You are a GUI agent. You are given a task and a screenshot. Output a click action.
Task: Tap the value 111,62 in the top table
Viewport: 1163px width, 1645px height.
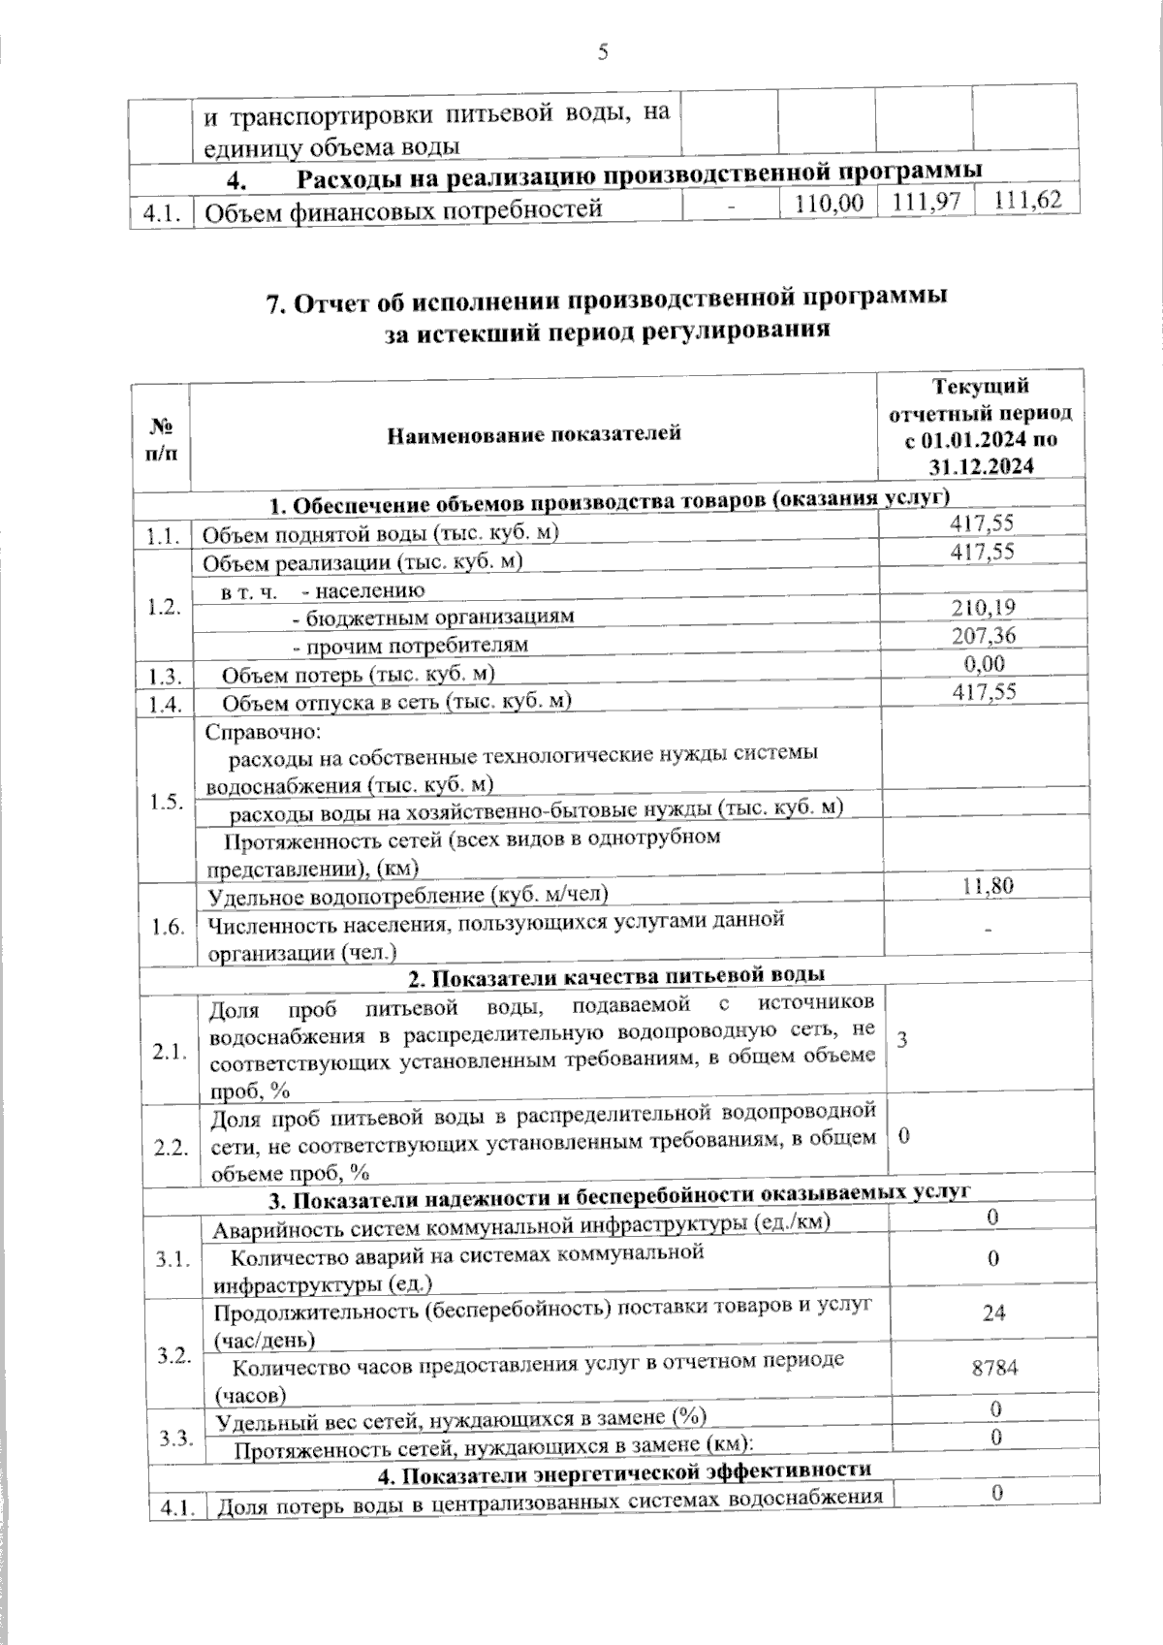pyautogui.click(x=1028, y=202)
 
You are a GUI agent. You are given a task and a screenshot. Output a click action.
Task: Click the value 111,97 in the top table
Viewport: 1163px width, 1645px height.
pyautogui.click(x=927, y=204)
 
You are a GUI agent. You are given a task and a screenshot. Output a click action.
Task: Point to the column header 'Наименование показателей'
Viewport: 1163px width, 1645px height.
pyautogui.click(x=534, y=433)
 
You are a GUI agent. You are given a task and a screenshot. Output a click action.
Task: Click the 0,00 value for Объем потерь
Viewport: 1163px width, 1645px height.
pyautogui.click(x=983, y=664)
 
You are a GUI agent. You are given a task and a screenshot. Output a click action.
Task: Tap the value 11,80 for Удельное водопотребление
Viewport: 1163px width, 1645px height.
pyautogui.click(x=986, y=884)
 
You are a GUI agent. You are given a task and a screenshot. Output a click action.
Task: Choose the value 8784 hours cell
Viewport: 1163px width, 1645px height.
pyautogui.click(x=994, y=1367)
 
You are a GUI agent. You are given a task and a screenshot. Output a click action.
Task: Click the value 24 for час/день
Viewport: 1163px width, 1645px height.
pyautogui.click(x=993, y=1313)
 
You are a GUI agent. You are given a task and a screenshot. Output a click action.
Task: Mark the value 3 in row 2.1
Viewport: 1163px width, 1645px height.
pyautogui.click(x=902, y=1040)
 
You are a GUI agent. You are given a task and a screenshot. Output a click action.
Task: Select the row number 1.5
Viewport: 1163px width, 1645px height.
pyautogui.click(x=167, y=802)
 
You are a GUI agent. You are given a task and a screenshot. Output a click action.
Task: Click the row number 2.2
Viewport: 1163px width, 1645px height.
pyautogui.click(x=172, y=1148)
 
